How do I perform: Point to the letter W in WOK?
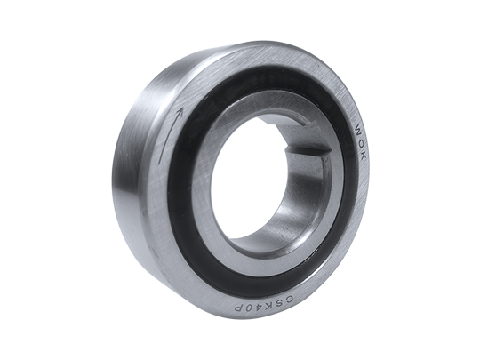[358, 129]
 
